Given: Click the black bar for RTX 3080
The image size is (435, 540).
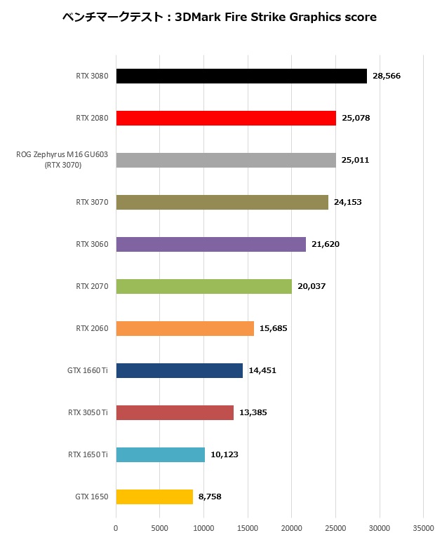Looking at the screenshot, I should click(x=241, y=76).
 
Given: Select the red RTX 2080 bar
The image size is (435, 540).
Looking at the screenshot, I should click(x=226, y=118).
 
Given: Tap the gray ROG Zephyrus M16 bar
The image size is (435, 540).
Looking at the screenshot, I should click(x=226, y=160).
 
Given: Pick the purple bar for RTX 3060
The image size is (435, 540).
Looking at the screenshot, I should click(x=210, y=244).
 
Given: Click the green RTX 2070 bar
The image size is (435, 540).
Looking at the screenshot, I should click(x=203, y=286).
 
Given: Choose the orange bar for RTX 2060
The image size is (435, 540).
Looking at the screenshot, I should click(x=185, y=328).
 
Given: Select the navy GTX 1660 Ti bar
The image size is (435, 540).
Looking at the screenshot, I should click(x=179, y=370).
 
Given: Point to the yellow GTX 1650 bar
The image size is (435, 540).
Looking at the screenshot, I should click(x=154, y=497).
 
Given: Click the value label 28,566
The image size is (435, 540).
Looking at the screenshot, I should click(x=386, y=76).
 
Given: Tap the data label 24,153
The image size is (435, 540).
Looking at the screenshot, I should click(x=347, y=202).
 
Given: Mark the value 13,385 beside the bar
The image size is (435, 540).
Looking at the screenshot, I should click(x=253, y=412).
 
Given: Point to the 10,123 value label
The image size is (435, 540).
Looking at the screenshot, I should click(x=225, y=454).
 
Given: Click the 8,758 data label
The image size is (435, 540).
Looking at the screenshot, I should click(x=210, y=497).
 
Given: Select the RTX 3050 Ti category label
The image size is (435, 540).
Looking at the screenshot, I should click(x=88, y=412).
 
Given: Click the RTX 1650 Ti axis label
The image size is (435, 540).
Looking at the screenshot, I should click(x=88, y=454).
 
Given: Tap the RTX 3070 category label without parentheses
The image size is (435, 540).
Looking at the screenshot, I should click(x=92, y=202).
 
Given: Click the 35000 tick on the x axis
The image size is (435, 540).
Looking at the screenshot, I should click(x=423, y=528).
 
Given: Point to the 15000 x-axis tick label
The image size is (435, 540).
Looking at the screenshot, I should click(x=248, y=528).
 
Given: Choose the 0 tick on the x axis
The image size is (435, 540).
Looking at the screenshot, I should click(x=116, y=528).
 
